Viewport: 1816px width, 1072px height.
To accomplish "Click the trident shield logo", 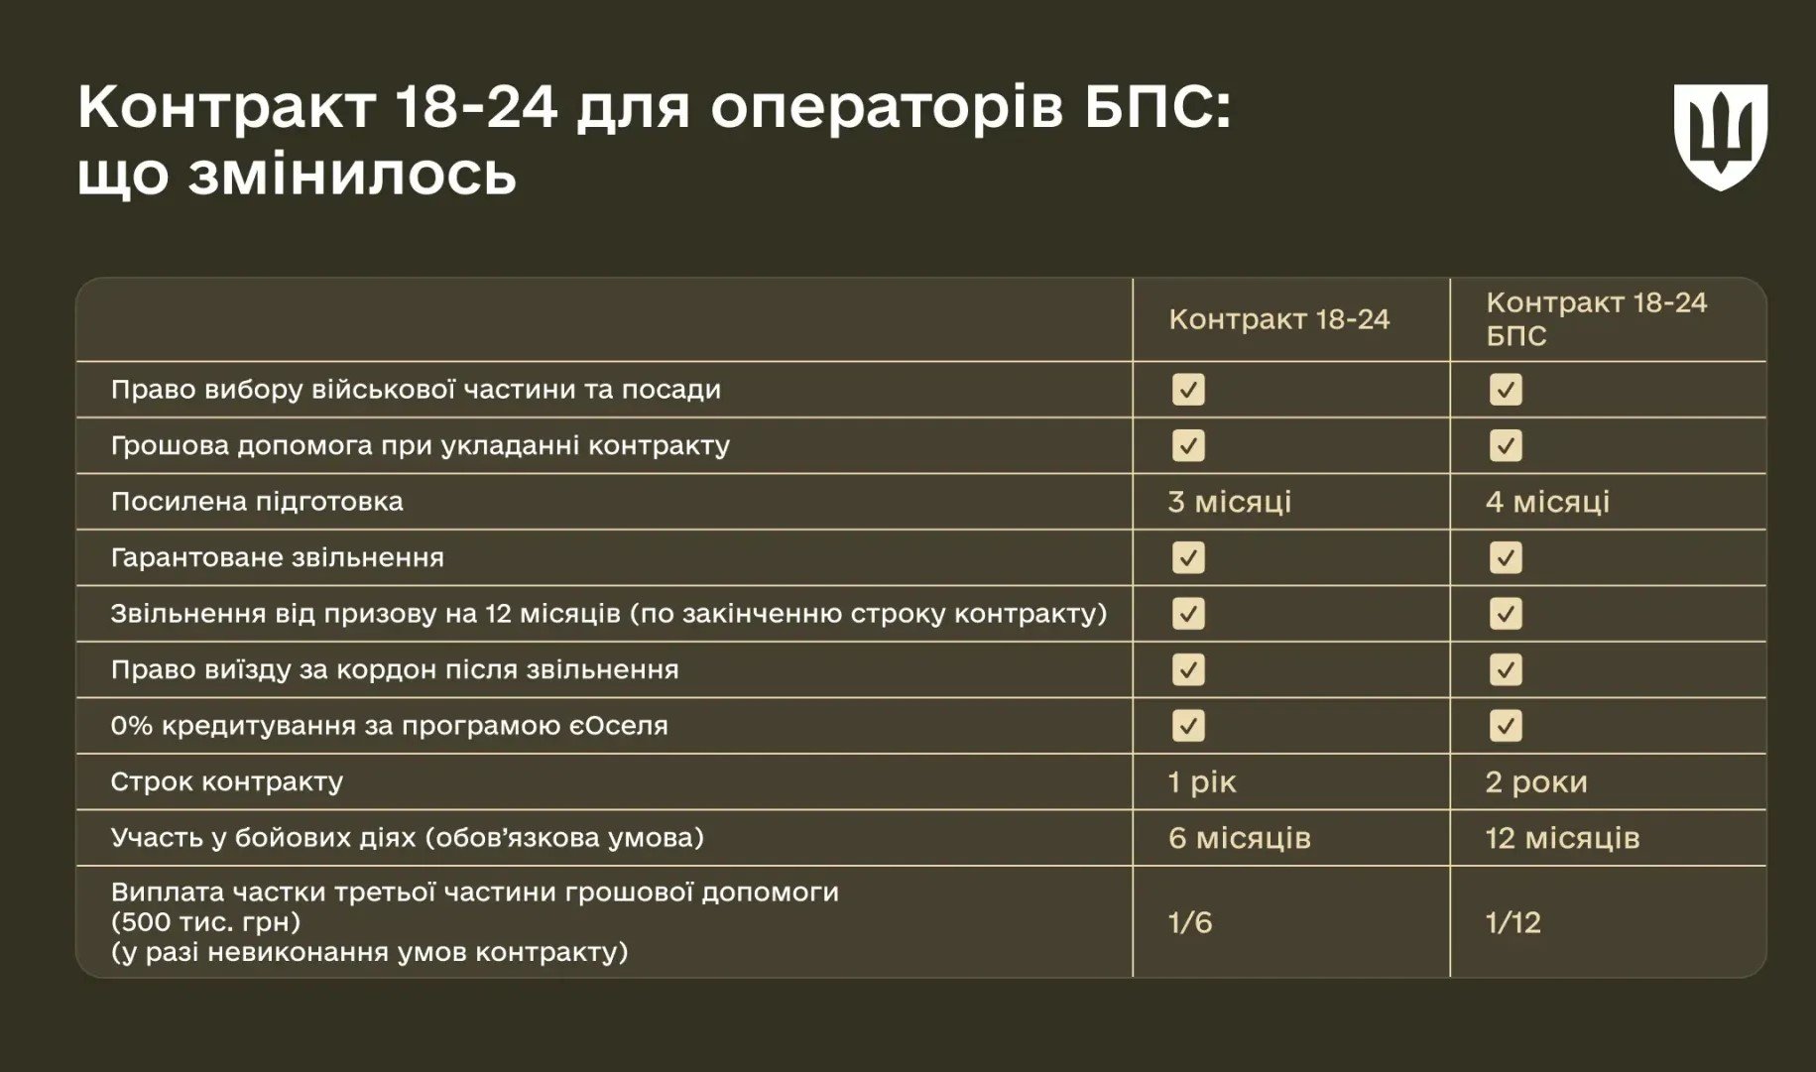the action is click(1721, 137).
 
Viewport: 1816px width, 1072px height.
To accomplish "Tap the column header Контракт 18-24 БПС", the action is click(1597, 319).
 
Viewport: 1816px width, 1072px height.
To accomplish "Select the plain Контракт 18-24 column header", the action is click(1279, 319).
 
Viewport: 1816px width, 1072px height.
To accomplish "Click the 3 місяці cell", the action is click(1230, 502).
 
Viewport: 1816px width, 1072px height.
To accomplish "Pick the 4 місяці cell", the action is click(1547, 502).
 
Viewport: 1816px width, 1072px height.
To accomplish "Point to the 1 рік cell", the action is click(1202, 782).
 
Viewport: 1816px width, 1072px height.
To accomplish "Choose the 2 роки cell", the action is click(1536, 782).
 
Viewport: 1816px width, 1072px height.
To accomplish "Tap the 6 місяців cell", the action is click(1240, 838).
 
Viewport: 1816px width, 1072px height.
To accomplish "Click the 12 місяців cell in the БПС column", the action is click(1562, 838).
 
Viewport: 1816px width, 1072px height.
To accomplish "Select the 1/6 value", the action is click(1190, 922).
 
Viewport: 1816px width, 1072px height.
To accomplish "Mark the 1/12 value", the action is click(1513, 922).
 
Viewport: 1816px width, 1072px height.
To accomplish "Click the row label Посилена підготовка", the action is click(257, 502).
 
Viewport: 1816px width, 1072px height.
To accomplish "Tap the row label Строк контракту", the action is click(227, 781).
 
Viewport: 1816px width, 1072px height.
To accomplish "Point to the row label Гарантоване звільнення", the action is click(278, 557).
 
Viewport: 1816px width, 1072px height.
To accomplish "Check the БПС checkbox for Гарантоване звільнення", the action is click(1506, 557).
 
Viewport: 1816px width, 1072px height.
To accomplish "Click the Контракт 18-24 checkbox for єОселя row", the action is click(1188, 726).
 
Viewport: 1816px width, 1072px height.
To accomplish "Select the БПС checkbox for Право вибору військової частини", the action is click(1506, 390).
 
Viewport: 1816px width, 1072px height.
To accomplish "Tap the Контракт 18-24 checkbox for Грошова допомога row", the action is click(1188, 445).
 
